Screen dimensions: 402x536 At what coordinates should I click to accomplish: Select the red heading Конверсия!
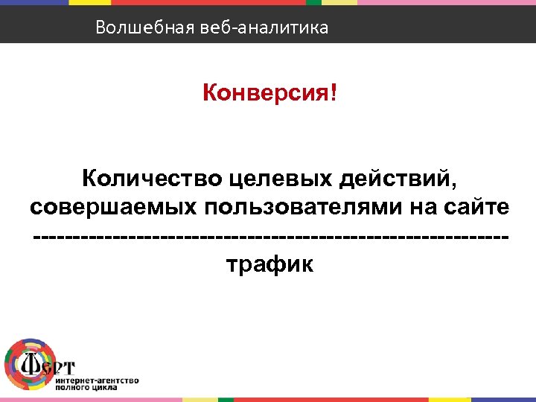(x=269, y=95)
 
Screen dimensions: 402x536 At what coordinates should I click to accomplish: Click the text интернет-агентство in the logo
(x=97, y=380)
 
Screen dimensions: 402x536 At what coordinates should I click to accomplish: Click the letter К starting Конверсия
(x=210, y=95)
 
